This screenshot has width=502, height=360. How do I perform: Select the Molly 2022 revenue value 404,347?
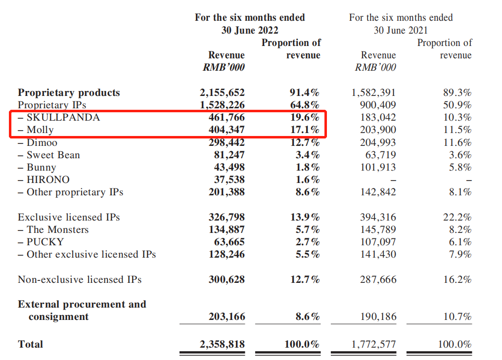pyautogui.click(x=227, y=131)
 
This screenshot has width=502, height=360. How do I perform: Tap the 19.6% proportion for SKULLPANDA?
pyautogui.click(x=304, y=118)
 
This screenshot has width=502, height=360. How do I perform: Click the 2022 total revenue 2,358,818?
pyautogui.click(x=223, y=344)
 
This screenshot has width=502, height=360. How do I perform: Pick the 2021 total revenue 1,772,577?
pyautogui.click(x=374, y=344)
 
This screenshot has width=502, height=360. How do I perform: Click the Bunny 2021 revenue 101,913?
pyautogui.click(x=378, y=168)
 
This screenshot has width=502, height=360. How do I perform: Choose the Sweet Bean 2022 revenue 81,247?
pyautogui.click(x=229, y=155)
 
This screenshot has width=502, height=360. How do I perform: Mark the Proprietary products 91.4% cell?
pyautogui.click(x=304, y=92)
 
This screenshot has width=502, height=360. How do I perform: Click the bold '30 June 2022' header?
pyautogui.click(x=250, y=30)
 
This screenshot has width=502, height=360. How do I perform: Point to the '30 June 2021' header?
pyautogui.click(x=401, y=30)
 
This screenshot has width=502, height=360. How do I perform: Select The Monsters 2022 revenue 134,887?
pyautogui.click(x=227, y=230)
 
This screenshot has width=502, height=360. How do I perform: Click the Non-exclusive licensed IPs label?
pyautogui.click(x=80, y=280)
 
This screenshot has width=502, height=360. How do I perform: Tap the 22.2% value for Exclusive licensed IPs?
pyautogui.click(x=457, y=218)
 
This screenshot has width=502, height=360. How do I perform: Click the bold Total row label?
pyautogui.click(x=31, y=344)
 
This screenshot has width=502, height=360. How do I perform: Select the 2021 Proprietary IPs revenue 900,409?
pyautogui.click(x=378, y=105)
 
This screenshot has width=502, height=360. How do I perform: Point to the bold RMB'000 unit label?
pyautogui.click(x=224, y=67)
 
